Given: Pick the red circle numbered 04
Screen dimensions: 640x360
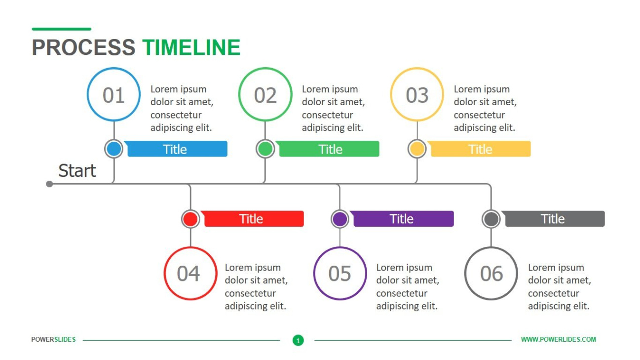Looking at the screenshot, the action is (x=190, y=247).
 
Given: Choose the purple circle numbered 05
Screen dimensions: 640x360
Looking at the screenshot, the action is (x=340, y=247).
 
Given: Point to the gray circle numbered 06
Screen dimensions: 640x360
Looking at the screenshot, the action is (x=491, y=247).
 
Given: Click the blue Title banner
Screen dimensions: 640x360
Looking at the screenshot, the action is (x=176, y=149).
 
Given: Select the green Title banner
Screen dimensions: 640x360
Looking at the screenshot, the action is (x=328, y=149).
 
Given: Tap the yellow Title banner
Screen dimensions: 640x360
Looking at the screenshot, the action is (x=479, y=149).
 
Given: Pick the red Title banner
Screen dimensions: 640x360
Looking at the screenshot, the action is (x=253, y=219).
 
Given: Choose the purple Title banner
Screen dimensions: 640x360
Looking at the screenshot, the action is (x=402, y=219).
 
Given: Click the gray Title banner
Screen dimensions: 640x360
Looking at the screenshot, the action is (x=553, y=219).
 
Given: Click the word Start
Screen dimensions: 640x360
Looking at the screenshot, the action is (x=77, y=171).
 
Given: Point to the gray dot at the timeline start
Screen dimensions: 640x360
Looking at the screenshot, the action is (x=49, y=184).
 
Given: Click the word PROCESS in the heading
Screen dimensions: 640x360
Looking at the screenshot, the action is (x=83, y=47).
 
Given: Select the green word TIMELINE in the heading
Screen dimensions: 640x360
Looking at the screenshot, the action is (x=191, y=47).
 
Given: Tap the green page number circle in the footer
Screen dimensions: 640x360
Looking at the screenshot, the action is (x=298, y=340).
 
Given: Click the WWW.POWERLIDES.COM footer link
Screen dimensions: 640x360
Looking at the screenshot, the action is (x=558, y=339).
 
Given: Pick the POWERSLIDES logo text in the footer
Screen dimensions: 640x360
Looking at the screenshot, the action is (x=53, y=339).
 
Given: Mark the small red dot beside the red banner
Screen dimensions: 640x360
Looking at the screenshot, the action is (x=190, y=219).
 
